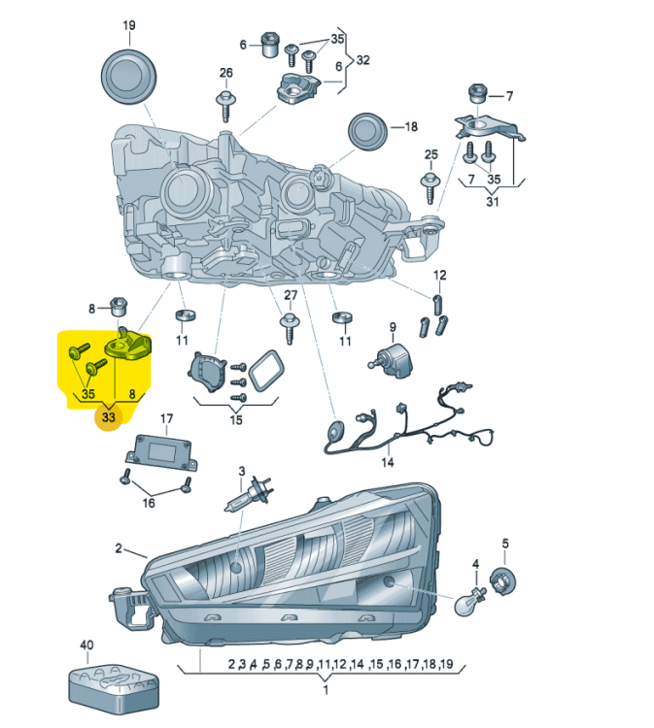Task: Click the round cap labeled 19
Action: (129, 75)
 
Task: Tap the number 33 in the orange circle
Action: (107, 418)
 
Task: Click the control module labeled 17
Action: (162, 450)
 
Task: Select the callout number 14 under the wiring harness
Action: (388, 462)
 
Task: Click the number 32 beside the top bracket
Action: (362, 60)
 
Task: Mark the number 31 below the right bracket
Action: (492, 202)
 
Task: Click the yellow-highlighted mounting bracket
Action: (131, 345)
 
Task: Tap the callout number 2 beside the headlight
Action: (119, 548)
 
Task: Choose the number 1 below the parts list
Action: (325, 690)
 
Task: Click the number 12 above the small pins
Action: (439, 276)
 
